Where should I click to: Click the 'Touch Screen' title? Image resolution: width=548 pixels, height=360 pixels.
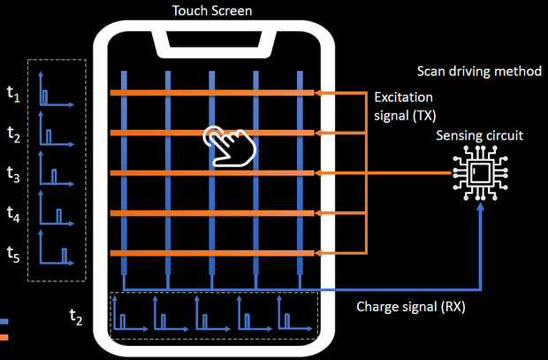[x=213, y=11]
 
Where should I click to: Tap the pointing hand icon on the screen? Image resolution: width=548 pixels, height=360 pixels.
[x=226, y=145]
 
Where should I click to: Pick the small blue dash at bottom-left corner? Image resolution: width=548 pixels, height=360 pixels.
[x=4, y=320]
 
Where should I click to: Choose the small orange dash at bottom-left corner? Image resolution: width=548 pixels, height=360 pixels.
[x=4, y=337]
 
